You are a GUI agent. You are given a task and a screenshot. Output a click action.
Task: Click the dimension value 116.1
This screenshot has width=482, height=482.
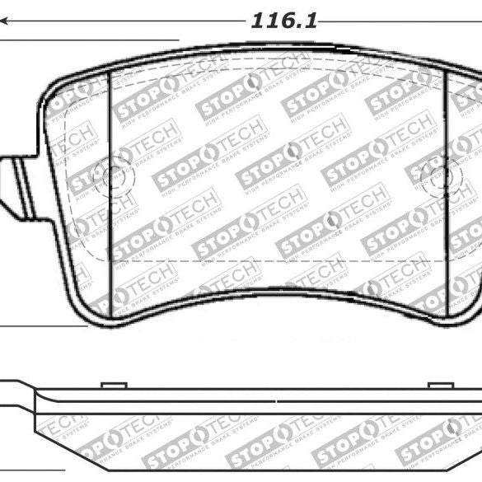click(284, 21)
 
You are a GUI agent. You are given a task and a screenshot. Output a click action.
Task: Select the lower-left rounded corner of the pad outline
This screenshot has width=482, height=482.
click(82, 309)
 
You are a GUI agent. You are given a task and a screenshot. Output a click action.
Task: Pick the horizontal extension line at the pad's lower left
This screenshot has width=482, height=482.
click(41, 327)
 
